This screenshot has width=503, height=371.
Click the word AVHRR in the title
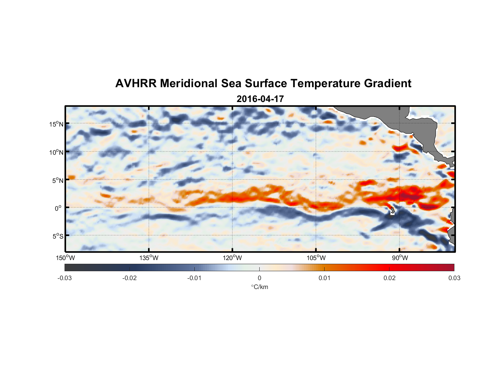pyautogui.click(x=135, y=83)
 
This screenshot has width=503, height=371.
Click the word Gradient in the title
pyautogui.click(x=387, y=83)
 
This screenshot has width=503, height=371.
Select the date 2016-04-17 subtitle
pyautogui.click(x=260, y=99)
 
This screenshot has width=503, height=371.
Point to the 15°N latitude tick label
pyautogui.click(x=56, y=124)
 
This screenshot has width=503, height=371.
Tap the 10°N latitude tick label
pyautogui.click(x=56, y=152)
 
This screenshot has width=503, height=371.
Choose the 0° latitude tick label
pyautogui.click(x=58, y=208)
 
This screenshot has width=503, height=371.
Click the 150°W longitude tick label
pyautogui.click(x=65, y=258)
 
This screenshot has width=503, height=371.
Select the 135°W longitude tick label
pyautogui.click(x=149, y=258)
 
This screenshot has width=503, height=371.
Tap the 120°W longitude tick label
pyautogui.click(x=232, y=258)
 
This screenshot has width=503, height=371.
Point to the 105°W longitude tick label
pyautogui.click(x=316, y=258)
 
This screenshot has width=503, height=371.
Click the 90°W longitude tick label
pyautogui.click(x=400, y=258)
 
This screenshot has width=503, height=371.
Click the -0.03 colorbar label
pyautogui.click(x=65, y=278)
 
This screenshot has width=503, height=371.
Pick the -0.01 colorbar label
pyautogui.click(x=194, y=278)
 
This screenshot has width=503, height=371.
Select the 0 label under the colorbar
pyautogui.click(x=259, y=278)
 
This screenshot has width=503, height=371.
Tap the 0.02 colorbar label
pyautogui.click(x=389, y=278)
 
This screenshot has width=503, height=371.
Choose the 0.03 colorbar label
pyautogui.click(x=454, y=278)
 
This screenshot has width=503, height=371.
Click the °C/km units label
pyautogui.click(x=259, y=287)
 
